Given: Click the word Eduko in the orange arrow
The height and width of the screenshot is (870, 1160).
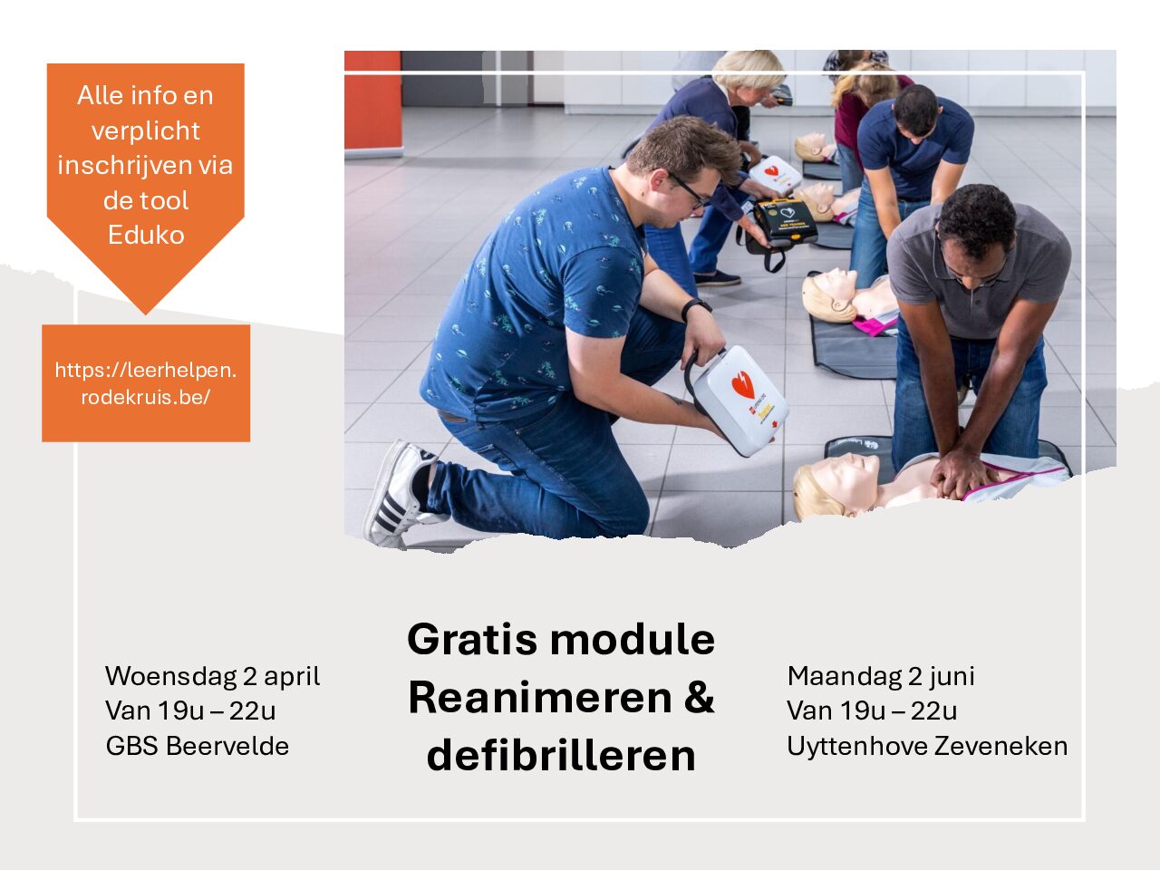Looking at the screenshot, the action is pyautogui.click(x=146, y=235).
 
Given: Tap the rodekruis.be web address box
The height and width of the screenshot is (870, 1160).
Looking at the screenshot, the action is pyautogui.click(x=146, y=383).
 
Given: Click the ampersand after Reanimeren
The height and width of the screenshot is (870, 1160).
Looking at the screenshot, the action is pyautogui.click(x=698, y=697).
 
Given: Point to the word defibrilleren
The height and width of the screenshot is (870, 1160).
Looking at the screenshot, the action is pyautogui.click(x=561, y=756).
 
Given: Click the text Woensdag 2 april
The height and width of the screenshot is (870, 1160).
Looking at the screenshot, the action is pyautogui.click(x=212, y=676).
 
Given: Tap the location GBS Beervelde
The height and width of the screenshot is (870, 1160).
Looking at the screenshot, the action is pyautogui.click(x=198, y=746).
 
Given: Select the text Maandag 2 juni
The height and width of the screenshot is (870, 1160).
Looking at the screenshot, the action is pyautogui.click(x=881, y=676).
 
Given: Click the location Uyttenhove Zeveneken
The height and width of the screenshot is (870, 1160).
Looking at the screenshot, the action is pyautogui.click(x=927, y=746).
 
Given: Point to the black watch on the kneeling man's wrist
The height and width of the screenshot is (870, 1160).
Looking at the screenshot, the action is pyautogui.click(x=695, y=307).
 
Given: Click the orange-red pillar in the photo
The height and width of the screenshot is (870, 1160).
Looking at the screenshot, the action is pyautogui.click(x=372, y=104).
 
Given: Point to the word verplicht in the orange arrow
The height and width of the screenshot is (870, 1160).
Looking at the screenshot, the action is pyautogui.click(x=146, y=131).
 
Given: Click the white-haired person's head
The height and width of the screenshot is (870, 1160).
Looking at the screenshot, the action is pyautogui.click(x=748, y=71).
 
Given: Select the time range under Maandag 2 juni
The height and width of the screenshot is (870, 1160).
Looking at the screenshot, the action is pyautogui.click(x=872, y=711).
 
